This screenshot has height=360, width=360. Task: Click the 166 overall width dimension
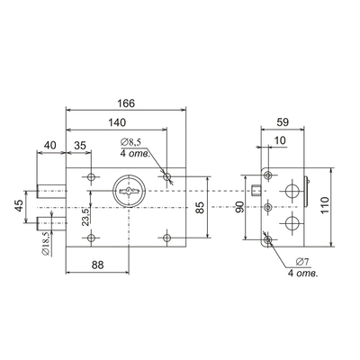126,103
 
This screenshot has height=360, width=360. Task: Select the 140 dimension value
117,122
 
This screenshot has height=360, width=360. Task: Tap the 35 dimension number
80,146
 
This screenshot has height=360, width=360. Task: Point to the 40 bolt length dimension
50,146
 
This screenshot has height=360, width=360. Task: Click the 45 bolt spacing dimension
19,206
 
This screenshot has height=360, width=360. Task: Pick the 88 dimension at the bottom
97,265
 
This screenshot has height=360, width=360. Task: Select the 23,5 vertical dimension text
85,217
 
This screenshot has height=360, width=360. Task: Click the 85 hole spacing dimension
201,207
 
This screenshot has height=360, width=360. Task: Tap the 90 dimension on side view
239,207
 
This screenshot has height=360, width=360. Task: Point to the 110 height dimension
325,205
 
